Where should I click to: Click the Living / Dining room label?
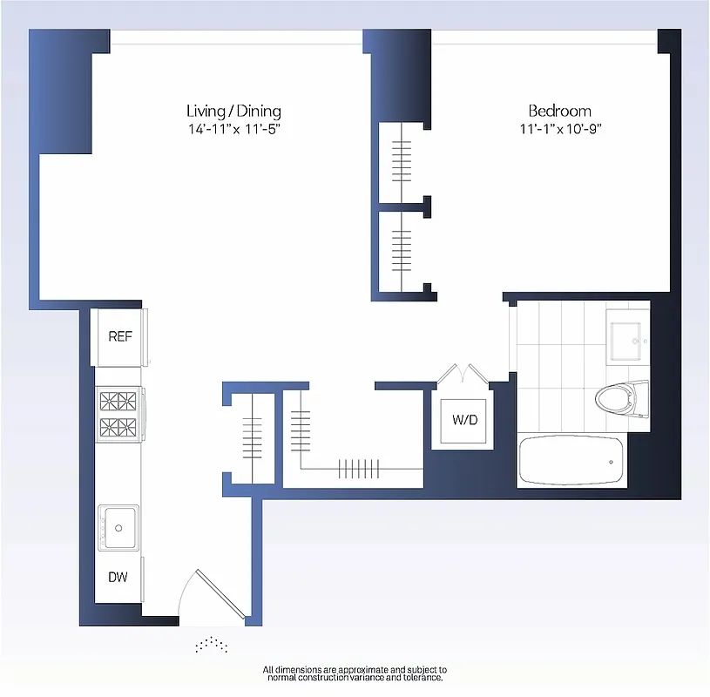233,111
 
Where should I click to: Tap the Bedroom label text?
559,111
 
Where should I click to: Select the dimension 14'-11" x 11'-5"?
233,129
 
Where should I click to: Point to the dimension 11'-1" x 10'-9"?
559,129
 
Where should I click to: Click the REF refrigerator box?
120,336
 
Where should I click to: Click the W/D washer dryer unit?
463,420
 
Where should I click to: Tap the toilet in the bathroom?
622,400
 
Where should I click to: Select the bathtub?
571,459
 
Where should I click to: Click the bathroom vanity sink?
628,341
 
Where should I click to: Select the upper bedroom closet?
402,159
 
